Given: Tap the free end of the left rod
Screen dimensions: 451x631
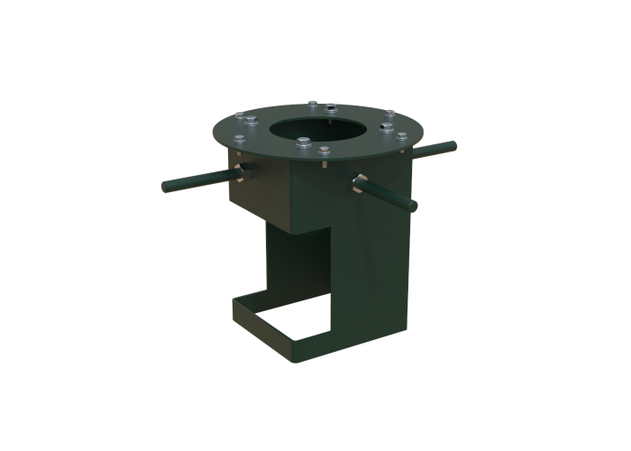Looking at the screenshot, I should (166, 188).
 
